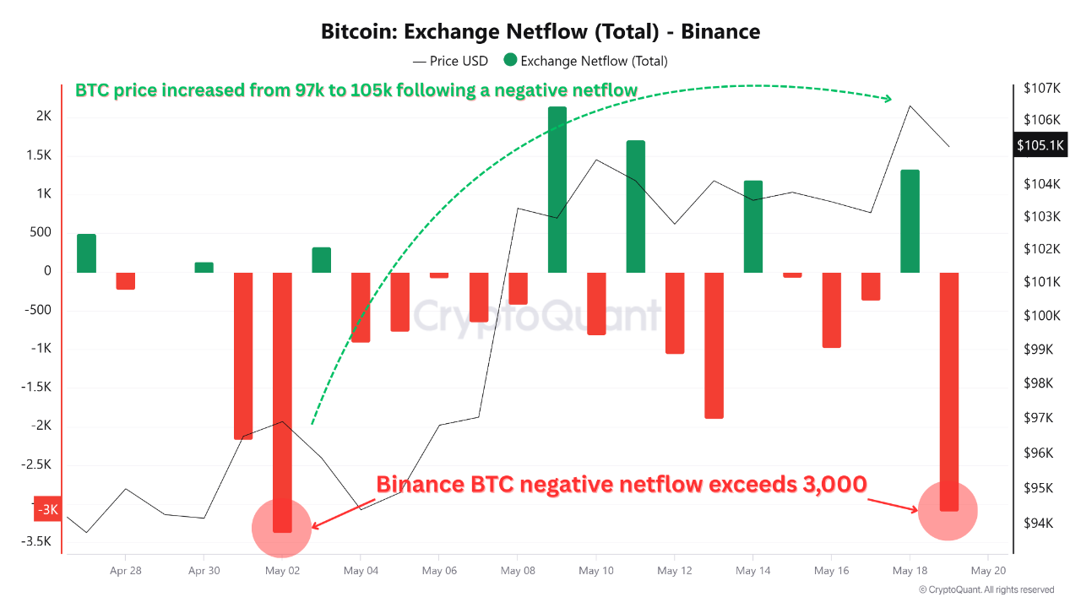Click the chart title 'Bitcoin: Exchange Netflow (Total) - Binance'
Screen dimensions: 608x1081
tap(540, 32)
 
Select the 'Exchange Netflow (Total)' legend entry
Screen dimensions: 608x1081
tap(585, 61)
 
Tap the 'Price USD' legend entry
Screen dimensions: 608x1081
tap(450, 61)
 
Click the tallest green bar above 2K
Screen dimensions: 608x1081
tap(557, 189)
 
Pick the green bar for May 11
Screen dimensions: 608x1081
tap(635, 206)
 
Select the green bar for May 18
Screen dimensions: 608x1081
tap(910, 221)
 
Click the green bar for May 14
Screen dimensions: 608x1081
tap(753, 226)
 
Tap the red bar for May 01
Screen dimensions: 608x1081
tap(243, 355)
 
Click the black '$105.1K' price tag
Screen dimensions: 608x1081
tap(1040, 145)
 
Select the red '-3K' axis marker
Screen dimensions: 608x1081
tap(46, 509)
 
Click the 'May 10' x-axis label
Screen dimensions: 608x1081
tap(595, 571)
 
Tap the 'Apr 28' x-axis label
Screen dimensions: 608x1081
tap(125, 571)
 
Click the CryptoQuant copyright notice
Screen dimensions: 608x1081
tap(986, 589)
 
